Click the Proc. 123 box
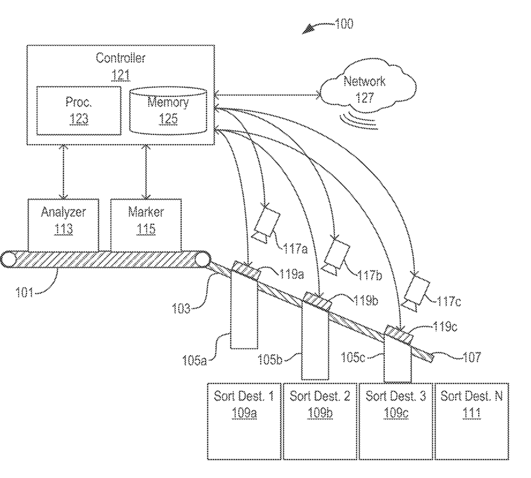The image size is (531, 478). [79, 111]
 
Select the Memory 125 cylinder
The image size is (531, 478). [169, 111]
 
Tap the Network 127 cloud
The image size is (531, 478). [368, 88]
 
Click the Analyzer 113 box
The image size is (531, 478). [63, 225]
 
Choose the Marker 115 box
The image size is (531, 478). [146, 225]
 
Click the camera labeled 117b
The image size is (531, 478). [337, 256]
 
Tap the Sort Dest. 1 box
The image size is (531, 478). [244, 421]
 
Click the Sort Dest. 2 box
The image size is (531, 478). [320, 421]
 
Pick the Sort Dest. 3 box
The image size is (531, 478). [396, 421]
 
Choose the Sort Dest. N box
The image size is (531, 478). [472, 421]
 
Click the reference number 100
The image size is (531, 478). [344, 24]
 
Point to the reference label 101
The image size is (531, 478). [24, 292]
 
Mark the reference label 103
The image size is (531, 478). [181, 308]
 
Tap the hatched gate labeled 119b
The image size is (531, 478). [317, 301]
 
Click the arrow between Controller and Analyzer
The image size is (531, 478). [64, 172]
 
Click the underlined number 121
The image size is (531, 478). [120, 75]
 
